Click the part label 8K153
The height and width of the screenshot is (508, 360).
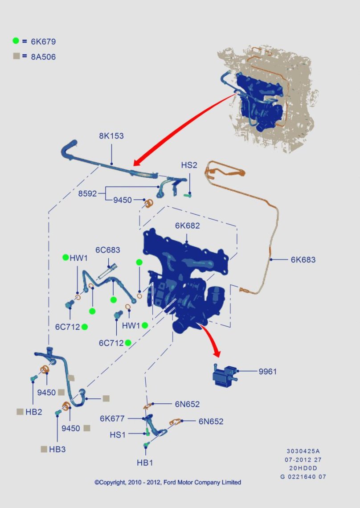[111, 136]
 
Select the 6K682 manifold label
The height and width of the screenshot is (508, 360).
[187, 225]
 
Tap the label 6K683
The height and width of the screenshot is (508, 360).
[303, 259]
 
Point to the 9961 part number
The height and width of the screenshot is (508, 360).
[267, 371]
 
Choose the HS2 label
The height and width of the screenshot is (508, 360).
[189, 165]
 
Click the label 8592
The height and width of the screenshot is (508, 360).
[87, 194]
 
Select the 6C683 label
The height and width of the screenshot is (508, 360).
[107, 250]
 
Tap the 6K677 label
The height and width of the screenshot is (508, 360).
[112, 418]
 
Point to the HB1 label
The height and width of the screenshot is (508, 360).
[145, 463]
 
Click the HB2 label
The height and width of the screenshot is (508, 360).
[34, 412]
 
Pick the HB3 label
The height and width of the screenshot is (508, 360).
[57, 449]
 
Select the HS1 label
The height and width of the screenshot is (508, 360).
[118, 434]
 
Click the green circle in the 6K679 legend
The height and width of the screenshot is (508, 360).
[16, 41]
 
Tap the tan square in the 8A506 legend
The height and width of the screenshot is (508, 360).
[16, 56]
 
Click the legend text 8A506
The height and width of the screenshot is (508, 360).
[43, 57]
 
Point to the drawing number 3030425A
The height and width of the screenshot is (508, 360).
[303, 451]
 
